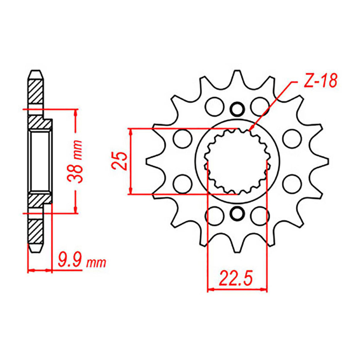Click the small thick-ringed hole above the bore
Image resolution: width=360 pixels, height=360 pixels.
[x=237, y=109]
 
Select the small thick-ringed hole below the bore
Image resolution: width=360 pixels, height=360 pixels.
[x=237, y=214]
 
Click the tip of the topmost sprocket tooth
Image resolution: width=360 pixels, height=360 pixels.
[x=237, y=71]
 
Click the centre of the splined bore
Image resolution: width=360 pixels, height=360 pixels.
[x=237, y=162]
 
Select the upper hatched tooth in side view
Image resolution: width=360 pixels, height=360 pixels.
[x=36, y=90]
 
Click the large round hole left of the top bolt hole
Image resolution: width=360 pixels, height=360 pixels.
[x=214, y=106]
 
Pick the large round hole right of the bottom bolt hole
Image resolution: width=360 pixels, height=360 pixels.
[x=259, y=216]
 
